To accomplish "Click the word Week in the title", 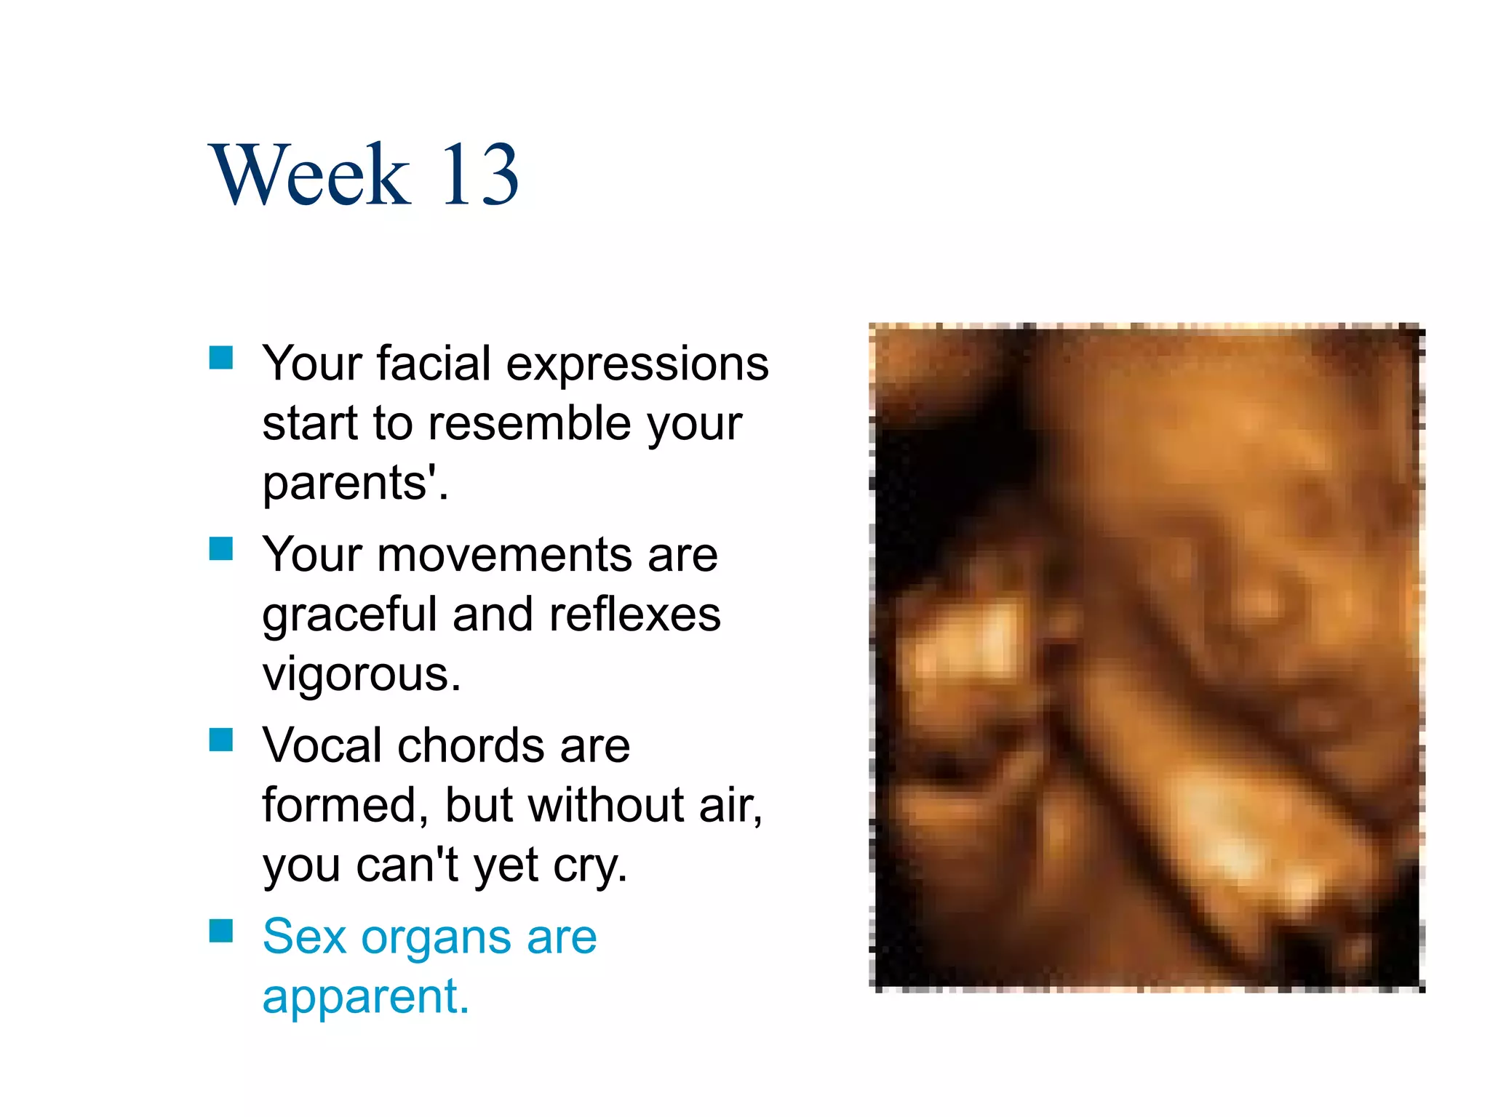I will [x=309, y=175].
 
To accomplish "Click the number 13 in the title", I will [x=480, y=175].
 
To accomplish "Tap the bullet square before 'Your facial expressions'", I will [x=220, y=358].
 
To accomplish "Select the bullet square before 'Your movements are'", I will [x=220, y=549].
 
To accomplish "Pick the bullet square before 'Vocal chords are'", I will [x=220, y=740].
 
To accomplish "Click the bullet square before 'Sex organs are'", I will [x=220, y=931].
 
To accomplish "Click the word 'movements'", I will [x=505, y=556].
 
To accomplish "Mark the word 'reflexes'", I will [x=634, y=615].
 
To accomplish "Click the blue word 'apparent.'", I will [x=366, y=998].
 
